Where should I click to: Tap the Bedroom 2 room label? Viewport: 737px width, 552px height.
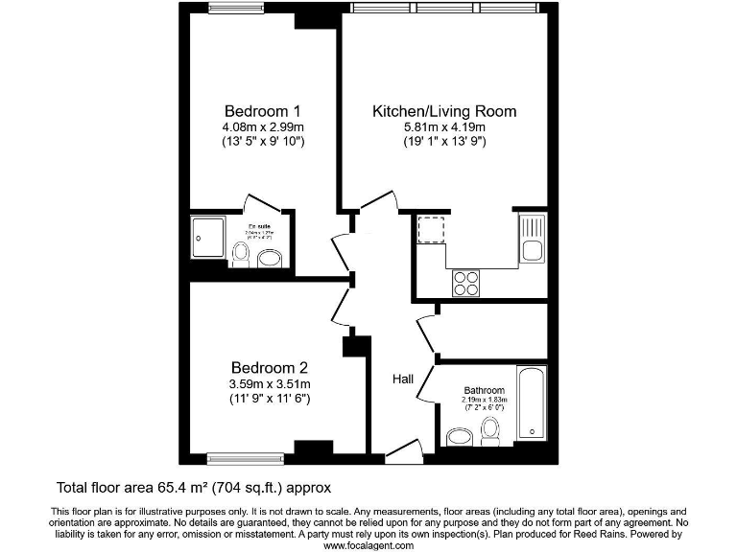click(x=269, y=368)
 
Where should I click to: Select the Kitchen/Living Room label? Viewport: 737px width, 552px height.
click(x=444, y=111)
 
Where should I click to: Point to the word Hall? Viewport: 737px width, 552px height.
click(x=403, y=379)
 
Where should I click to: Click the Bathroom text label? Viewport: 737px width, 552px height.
click(x=484, y=391)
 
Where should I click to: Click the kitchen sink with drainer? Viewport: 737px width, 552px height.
click(x=531, y=239)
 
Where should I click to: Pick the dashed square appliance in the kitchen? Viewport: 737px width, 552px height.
click(x=430, y=232)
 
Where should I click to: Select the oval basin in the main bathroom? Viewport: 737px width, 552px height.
click(x=460, y=438)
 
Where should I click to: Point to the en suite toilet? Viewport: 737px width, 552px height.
click(x=241, y=253)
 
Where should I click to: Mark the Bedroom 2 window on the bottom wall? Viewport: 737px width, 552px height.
click(x=245, y=457)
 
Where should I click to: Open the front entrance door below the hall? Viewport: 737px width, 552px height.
click(x=403, y=450)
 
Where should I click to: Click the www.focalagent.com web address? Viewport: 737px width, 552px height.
click(x=368, y=545)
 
